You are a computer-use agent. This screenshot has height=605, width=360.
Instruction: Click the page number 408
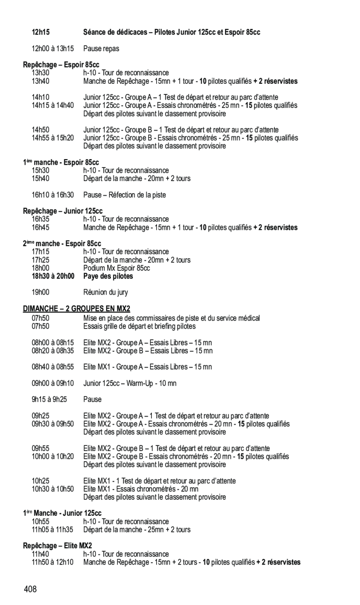[30, 590]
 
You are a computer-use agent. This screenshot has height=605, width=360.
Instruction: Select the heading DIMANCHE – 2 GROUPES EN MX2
[77, 309]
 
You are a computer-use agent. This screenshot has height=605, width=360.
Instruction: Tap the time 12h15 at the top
[41, 32]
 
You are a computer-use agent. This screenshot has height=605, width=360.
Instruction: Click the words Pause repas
[101, 48]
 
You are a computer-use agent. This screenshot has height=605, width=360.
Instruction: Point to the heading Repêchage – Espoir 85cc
[61, 65]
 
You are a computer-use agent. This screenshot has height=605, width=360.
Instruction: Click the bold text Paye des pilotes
[108, 276]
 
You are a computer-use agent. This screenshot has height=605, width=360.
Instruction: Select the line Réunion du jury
[106, 293]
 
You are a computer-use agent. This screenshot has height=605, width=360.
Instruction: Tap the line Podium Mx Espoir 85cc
[116, 269]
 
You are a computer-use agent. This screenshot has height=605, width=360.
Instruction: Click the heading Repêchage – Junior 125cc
[63, 211]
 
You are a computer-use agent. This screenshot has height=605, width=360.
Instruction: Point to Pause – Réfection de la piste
[124, 195]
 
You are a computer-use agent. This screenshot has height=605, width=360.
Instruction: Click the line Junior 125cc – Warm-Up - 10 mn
[130, 383]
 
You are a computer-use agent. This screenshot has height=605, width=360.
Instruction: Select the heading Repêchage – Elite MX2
[58, 546]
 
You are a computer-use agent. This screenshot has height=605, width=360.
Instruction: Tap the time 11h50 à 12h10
[52, 562]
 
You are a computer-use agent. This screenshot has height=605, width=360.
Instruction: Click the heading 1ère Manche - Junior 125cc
[62, 513]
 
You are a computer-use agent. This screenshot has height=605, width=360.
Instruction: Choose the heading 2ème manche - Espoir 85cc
[62, 244]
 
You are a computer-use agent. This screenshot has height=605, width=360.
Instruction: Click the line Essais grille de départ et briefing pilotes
[139, 326]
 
